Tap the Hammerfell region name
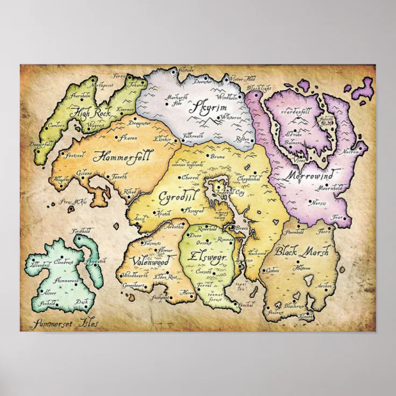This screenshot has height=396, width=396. [x=123, y=156]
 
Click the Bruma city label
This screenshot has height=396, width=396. [x=217, y=157]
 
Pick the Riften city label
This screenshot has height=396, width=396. [x=241, y=138]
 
